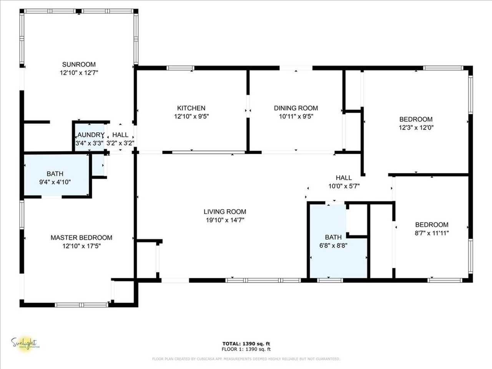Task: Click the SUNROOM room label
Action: [x=79, y=64]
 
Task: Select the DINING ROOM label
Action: [x=296, y=108]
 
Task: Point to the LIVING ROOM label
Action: [x=225, y=211]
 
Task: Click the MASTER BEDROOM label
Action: [x=81, y=238]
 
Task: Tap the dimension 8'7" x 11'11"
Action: [x=431, y=233]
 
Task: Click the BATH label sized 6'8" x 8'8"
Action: [x=333, y=237]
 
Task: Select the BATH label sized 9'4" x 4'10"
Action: [x=55, y=174]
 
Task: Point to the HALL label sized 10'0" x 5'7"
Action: [x=344, y=178]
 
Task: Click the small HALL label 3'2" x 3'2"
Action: [x=120, y=135]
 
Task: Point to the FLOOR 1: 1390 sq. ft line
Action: [x=246, y=349]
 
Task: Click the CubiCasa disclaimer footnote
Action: [x=246, y=359]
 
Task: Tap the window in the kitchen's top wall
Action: [x=180, y=68]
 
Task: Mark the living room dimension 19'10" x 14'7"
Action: [x=225, y=220]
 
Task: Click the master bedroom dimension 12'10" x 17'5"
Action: [x=81, y=246]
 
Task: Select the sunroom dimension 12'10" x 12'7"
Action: [x=79, y=73]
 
